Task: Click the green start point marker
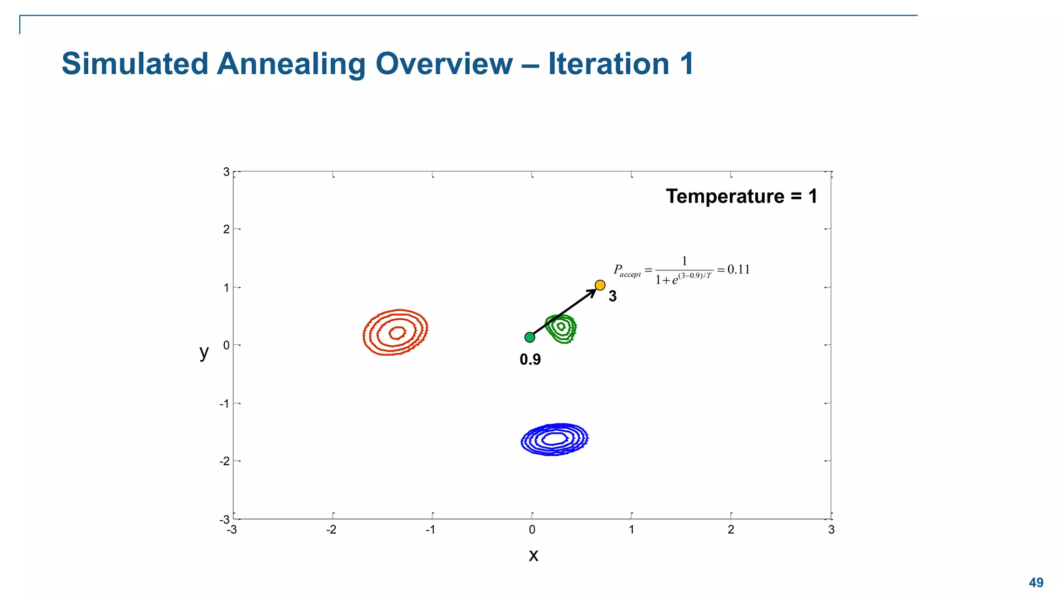coord(529,337)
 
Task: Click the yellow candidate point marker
coord(600,285)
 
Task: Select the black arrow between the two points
coord(565,311)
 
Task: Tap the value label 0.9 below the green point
coord(530,359)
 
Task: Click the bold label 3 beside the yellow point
coord(612,296)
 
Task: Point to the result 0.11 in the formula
coord(738,269)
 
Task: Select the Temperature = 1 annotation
coord(741,196)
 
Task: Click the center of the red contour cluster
coord(397,332)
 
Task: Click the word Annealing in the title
coord(291,64)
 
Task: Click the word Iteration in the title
coord(608,64)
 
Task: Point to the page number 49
coord(1036,582)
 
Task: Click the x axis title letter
coord(533,555)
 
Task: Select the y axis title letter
coord(204,352)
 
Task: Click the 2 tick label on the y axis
coord(226,229)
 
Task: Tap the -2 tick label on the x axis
coord(331,530)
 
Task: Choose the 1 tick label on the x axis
coord(631,530)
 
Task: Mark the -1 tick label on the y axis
coord(224,404)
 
